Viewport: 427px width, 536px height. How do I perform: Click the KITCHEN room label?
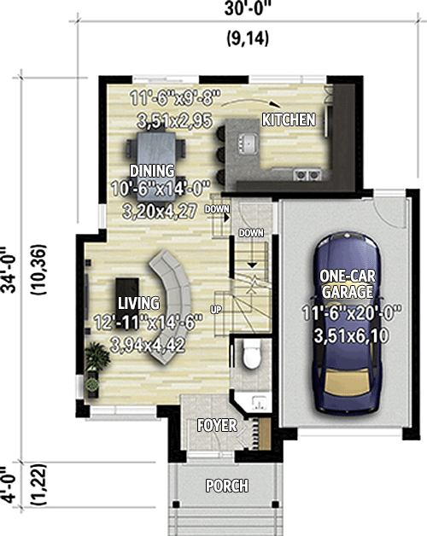click(x=289, y=119)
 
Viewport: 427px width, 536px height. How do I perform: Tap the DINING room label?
click(x=152, y=171)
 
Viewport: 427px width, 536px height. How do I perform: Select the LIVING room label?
click(x=138, y=303)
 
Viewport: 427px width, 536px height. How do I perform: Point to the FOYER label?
click(x=217, y=426)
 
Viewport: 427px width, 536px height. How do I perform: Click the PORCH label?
click(x=227, y=486)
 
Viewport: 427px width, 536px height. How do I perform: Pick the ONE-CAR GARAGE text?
click(x=348, y=284)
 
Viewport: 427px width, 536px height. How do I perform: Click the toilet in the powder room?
click(x=252, y=354)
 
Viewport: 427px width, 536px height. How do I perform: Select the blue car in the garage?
click(x=347, y=323)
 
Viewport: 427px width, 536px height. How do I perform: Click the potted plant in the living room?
click(x=97, y=357)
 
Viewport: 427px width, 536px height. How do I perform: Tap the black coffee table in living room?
click(x=127, y=300)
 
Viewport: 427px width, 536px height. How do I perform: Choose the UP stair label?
click(x=215, y=310)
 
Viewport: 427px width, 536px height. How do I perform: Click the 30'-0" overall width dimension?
click(x=245, y=9)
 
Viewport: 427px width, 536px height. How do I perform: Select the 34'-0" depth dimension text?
click(x=9, y=270)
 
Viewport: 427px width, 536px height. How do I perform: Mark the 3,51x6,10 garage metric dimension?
click(x=351, y=336)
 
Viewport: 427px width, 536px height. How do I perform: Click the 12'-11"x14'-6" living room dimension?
click(x=148, y=323)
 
